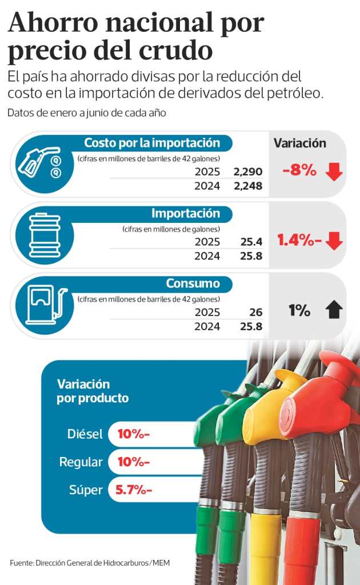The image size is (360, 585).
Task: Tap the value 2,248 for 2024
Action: (x=248, y=185)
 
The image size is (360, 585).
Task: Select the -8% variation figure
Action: (x=299, y=170)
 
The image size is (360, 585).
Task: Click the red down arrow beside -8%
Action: (x=334, y=171)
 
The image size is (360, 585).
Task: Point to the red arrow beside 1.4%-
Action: (x=334, y=241)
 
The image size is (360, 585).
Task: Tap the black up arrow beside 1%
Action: (x=334, y=311)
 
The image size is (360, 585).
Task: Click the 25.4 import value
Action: (x=251, y=242)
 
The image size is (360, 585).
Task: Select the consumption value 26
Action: (x=255, y=312)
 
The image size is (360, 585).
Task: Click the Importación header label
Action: (x=186, y=214)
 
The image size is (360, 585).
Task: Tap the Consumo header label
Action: (x=193, y=283)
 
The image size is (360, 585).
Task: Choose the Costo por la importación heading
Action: (x=152, y=143)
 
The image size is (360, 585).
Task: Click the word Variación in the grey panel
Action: (x=300, y=143)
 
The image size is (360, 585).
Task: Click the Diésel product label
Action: (x=85, y=434)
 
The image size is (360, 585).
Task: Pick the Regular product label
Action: (x=81, y=462)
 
